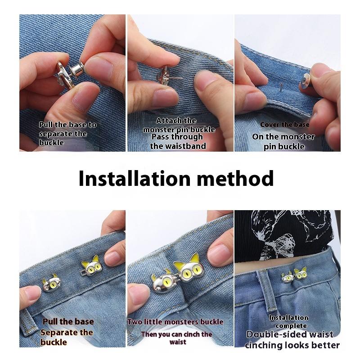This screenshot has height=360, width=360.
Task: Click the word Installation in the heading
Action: pos(135,179)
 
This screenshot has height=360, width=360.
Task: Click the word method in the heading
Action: pos(235,179)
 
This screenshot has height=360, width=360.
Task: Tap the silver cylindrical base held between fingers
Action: pos(77,70)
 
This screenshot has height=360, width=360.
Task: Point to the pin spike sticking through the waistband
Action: pos(281,88)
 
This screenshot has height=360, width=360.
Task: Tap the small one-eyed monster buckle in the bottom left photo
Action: pos(52,283)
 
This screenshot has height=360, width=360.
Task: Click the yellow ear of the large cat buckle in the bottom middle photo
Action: pos(195,258)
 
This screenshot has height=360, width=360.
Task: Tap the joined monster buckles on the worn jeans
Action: pos(295,274)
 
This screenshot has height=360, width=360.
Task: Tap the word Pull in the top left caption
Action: pos(46,125)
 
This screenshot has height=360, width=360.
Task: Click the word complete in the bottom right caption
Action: pos(291,326)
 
